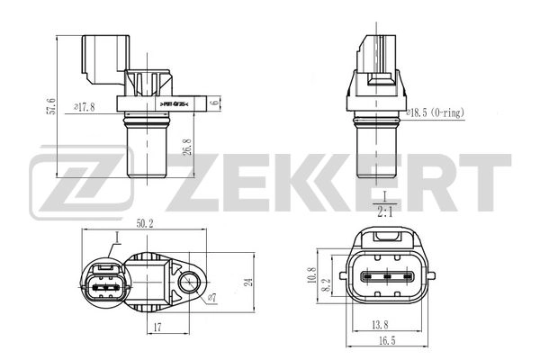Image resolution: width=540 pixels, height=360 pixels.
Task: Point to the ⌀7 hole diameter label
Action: pyautogui.click(x=212, y=296)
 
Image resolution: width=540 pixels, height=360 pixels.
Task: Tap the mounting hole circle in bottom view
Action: pyautogui.click(x=192, y=284)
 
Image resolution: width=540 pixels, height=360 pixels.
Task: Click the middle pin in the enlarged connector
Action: pyautogui.click(x=389, y=277)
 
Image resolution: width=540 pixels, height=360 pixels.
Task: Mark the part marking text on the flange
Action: pyautogui.click(x=178, y=104)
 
